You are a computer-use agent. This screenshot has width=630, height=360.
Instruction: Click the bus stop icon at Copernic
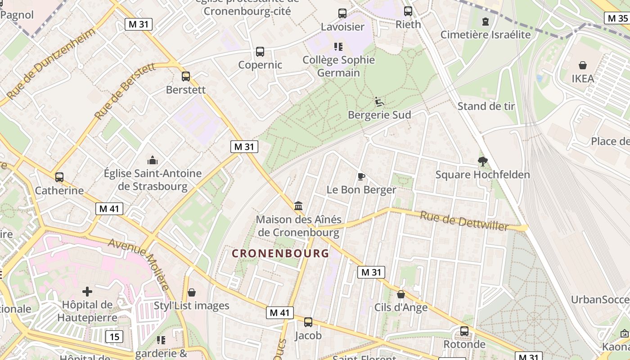[x=260, y=52]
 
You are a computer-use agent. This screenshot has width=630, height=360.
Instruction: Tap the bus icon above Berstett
[x=186, y=76]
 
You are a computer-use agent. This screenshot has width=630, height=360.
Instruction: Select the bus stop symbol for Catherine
[x=59, y=177]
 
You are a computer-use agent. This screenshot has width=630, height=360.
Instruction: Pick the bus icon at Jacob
[x=308, y=322]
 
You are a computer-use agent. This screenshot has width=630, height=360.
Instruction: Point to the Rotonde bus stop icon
[x=464, y=332]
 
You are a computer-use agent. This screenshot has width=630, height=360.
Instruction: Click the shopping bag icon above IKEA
[x=583, y=65]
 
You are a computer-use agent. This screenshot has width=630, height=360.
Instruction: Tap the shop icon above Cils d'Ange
[x=401, y=294]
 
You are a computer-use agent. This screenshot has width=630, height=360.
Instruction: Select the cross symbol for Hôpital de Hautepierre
[x=87, y=292]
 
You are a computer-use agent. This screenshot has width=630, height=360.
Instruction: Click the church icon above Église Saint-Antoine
[x=153, y=160]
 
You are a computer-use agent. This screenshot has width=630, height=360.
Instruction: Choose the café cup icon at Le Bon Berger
[x=361, y=176]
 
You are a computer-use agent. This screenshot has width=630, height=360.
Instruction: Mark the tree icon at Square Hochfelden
[x=483, y=162]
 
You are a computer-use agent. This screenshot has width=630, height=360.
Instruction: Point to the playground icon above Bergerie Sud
[x=379, y=102]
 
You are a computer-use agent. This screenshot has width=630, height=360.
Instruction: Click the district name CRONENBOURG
[x=280, y=253]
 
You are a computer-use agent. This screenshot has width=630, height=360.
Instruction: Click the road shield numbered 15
[x=114, y=336]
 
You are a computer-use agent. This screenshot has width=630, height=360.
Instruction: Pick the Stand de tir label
[x=486, y=106]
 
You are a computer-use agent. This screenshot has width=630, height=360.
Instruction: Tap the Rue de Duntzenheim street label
[x=52, y=63]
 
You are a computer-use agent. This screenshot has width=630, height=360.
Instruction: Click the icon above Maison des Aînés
[x=298, y=206]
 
